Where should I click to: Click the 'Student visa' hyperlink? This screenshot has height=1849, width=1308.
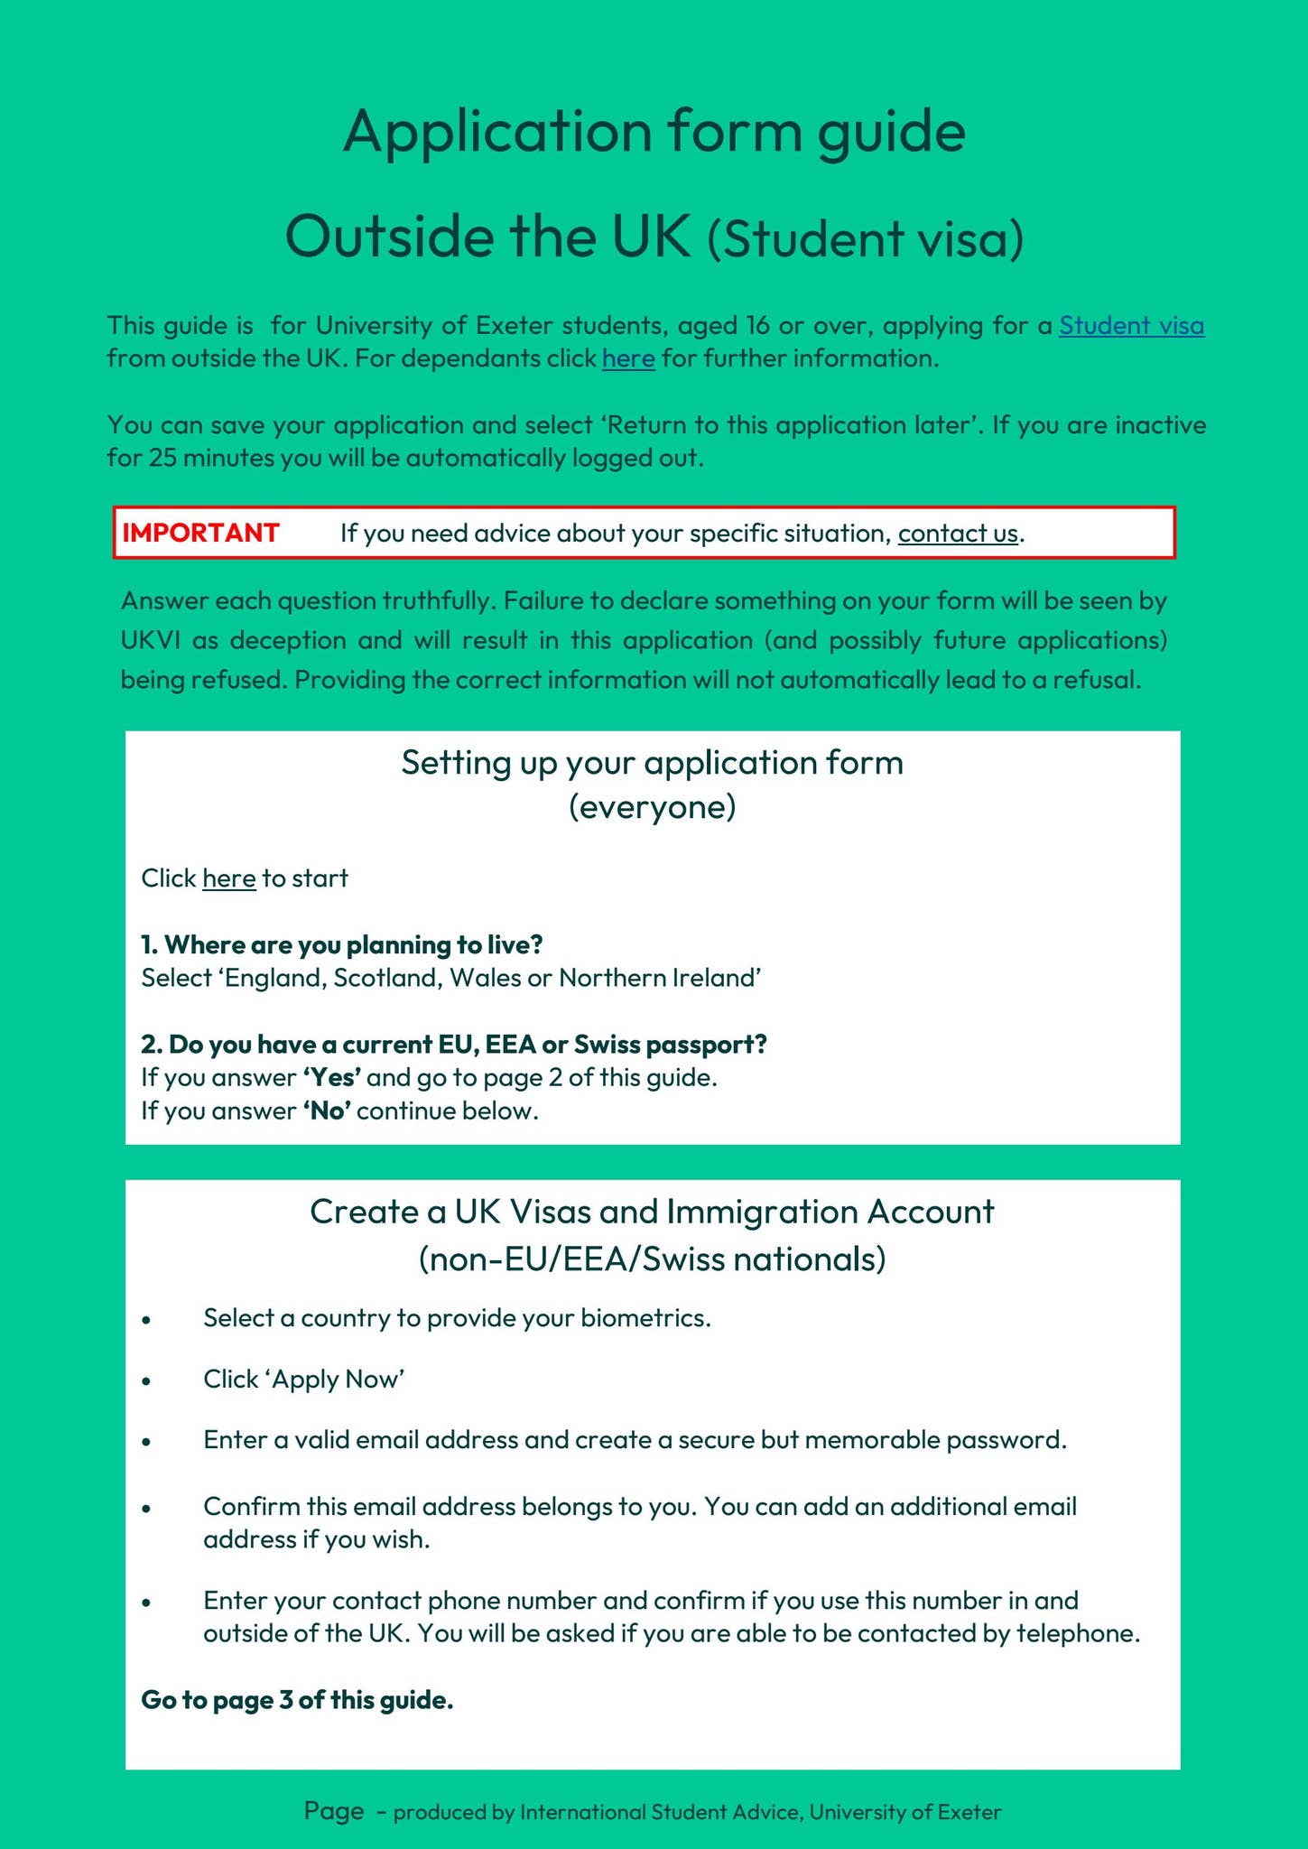[1131, 325]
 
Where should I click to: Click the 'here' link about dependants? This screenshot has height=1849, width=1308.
[628, 358]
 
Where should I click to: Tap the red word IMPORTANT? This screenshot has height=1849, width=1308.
[200, 533]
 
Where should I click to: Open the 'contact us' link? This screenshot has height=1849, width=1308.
[958, 534]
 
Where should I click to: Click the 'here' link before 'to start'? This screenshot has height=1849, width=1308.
[228, 878]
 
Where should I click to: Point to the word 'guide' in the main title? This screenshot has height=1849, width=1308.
[891, 131]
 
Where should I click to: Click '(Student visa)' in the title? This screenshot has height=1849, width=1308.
[865, 239]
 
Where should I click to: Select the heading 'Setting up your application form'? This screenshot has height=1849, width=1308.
[652, 763]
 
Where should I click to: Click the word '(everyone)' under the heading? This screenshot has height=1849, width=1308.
[652, 806]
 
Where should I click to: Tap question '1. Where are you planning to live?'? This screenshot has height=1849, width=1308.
[341, 945]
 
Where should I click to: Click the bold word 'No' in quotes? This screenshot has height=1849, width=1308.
[327, 1111]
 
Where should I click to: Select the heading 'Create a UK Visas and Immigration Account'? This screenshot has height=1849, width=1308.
[652, 1212]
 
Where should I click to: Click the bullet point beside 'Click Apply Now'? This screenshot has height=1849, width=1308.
[146, 1381]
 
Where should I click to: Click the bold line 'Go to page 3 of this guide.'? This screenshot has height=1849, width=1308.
[297, 1701]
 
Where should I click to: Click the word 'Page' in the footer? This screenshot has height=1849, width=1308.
[333, 1811]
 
